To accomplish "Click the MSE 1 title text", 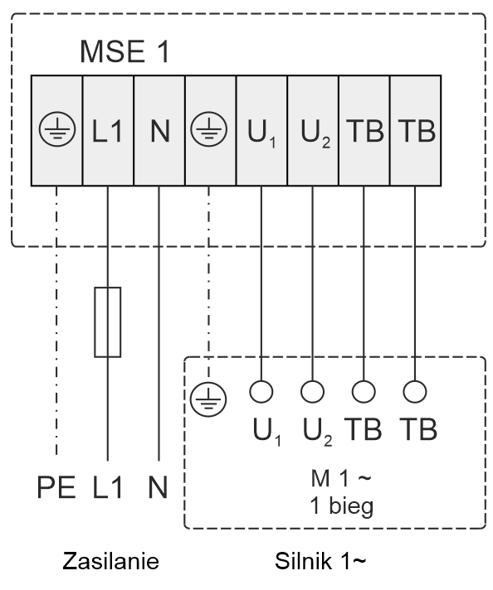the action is click(124, 51).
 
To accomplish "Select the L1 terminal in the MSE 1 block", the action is click(108, 131).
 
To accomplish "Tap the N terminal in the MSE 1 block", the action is click(159, 131).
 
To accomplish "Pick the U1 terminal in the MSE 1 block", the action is click(261, 131).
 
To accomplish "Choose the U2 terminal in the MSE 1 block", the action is click(313, 131).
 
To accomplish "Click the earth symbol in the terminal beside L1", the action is click(57, 128).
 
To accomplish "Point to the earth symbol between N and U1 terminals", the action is click(209, 128).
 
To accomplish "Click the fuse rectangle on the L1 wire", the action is click(108, 322).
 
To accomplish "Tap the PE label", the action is click(56, 487).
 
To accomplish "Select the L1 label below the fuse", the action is click(108, 487).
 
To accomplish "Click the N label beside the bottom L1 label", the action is click(158, 487).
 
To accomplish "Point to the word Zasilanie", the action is click(111, 561).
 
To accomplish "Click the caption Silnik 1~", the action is click(320, 561).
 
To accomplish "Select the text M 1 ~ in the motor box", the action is click(341, 478).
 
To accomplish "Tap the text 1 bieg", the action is click(342, 506).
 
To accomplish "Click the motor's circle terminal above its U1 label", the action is click(261, 391).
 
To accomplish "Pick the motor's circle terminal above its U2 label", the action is click(312, 391).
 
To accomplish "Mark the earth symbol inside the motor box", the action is click(208, 399).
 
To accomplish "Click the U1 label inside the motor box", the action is click(267, 431).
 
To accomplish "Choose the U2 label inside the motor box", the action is click(318, 431).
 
